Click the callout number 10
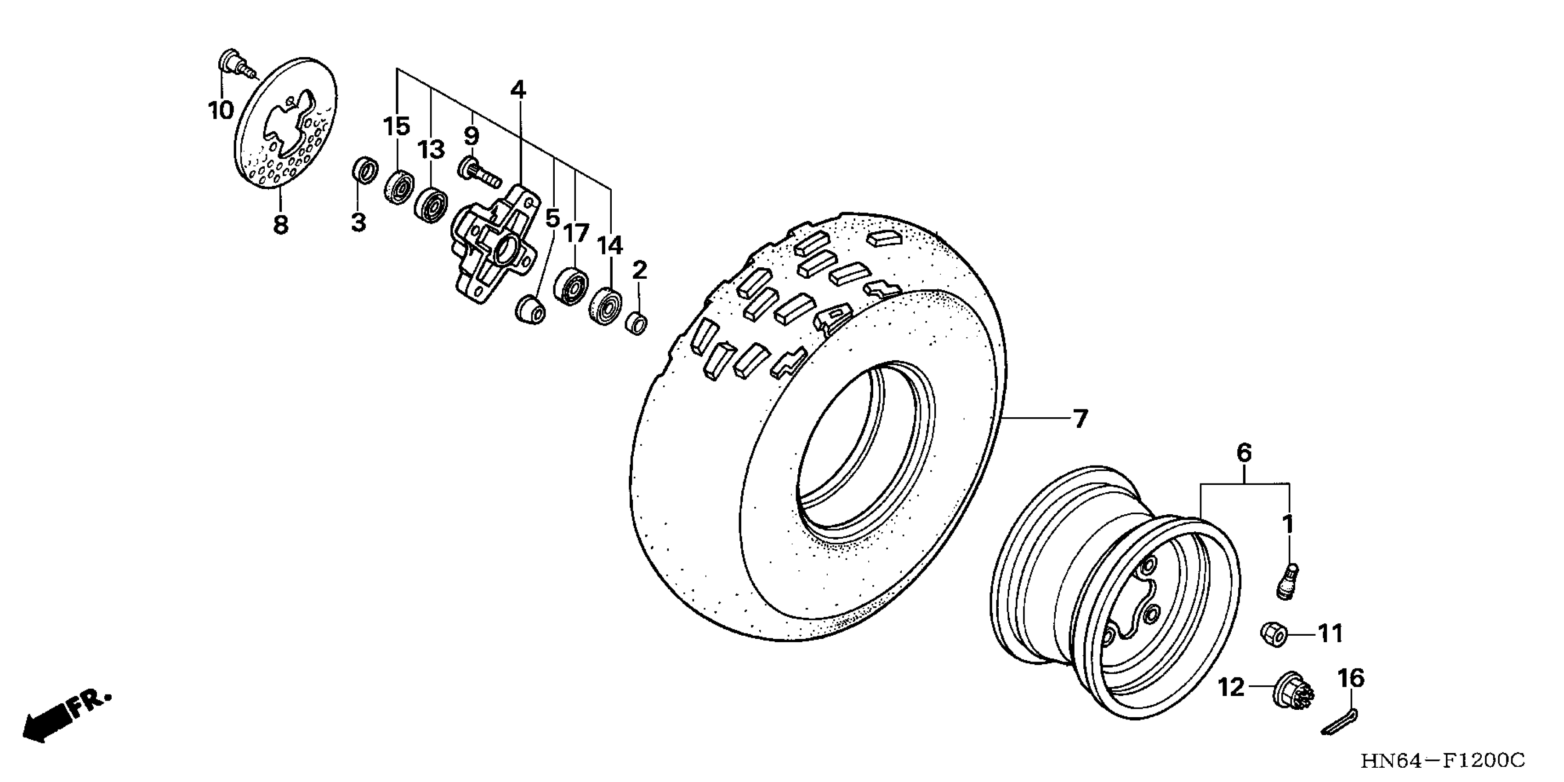[x=221, y=110]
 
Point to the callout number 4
[x=518, y=90]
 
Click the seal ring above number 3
[x=365, y=170]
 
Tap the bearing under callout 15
[x=399, y=188]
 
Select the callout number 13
[x=431, y=149]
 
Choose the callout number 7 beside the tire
[x=1080, y=419]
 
